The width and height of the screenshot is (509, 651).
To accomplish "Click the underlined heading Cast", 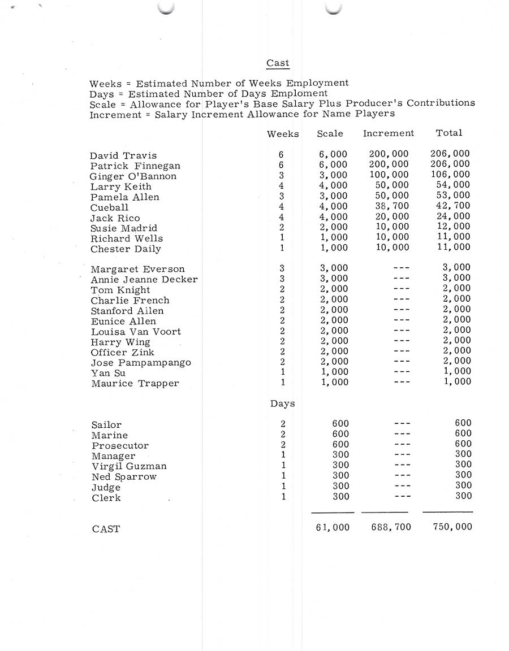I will click(x=278, y=63).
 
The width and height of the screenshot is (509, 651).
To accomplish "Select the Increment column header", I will click(x=389, y=133).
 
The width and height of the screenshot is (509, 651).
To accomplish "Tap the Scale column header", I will click(x=330, y=133).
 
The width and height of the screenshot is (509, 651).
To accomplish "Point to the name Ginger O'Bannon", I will click(x=133, y=176).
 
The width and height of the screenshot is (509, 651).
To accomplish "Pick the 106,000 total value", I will click(x=450, y=175).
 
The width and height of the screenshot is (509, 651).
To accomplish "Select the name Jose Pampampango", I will click(x=141, y=363).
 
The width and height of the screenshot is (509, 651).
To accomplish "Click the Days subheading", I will click(x=282, y=404).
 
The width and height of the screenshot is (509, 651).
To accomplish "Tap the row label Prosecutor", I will click(x=120, y=446).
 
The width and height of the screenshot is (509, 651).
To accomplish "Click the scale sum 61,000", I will click(x=333, y=527).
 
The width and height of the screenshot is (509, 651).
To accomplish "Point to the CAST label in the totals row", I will click(x=106, y=530).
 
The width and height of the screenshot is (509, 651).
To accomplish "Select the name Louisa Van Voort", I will click(x=136, y=332).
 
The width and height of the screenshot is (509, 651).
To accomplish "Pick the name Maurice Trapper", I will click(x=135, y=384).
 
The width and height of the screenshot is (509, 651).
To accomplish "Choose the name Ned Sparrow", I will click(x=124, y=477).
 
